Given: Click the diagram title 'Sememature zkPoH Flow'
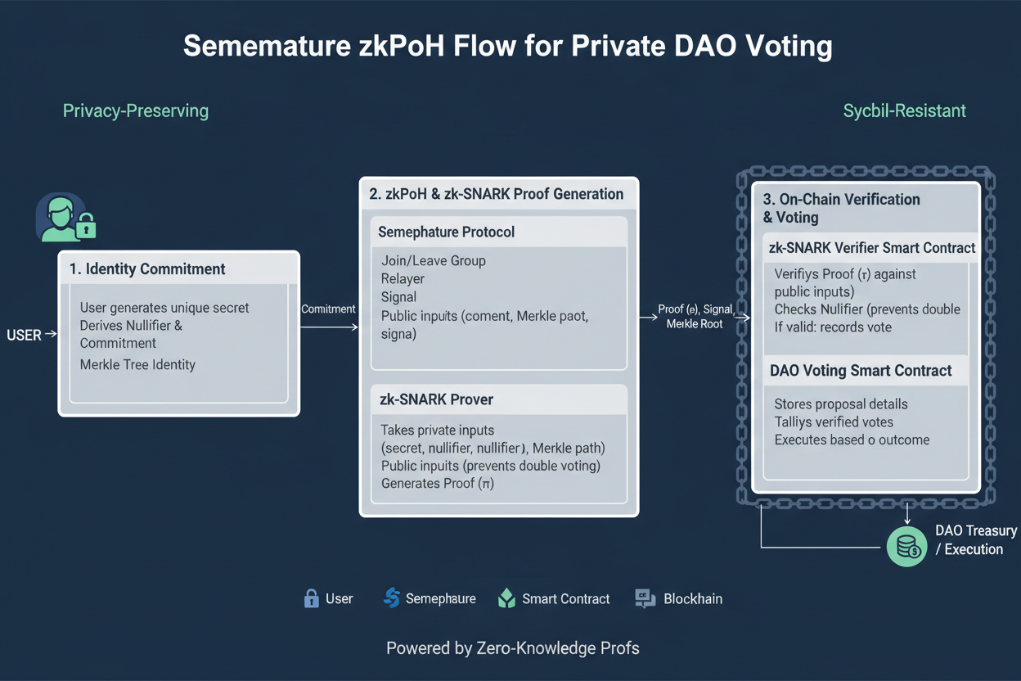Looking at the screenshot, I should tap(507, 46).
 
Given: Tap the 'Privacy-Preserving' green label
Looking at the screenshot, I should tap(136, 110).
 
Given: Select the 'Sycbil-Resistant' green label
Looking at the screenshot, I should tap(904, 110).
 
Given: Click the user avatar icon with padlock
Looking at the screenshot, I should tap(64, 218).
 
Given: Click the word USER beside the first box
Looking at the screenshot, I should tap(25, 335).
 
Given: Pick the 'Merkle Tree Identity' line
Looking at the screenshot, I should tap(137, 364).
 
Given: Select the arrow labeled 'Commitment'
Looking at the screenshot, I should tap(329, 327).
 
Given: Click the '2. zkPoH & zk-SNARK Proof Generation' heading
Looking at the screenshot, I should tap(496, 194).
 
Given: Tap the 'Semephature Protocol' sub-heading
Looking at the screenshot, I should tap(446, 232).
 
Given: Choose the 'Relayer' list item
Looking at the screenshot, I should tap(403, 278).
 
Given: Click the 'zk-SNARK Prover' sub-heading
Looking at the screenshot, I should tap(436, 399).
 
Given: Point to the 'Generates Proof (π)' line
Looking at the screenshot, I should tap(437, 483).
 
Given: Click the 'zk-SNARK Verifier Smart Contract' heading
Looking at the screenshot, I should tap(872, 247).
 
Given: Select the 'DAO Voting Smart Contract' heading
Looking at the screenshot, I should tap(861, 370).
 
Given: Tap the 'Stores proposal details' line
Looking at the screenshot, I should tap(841, 404).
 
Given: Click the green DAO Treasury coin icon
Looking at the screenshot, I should tap(907, 546).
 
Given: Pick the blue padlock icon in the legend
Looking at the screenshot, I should tap(311, 598).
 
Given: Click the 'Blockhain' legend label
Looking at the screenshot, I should tap(693, 598).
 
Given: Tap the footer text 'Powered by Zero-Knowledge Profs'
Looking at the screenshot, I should tap(512, 648).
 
